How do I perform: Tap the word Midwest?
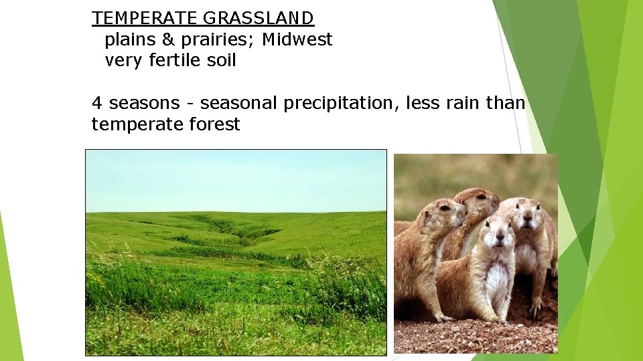pyautogui.click(x=297, y=39)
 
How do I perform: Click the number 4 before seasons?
pyautogui.click(x=97, y=103)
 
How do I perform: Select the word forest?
pyautogui.click(x=215, y=124)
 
